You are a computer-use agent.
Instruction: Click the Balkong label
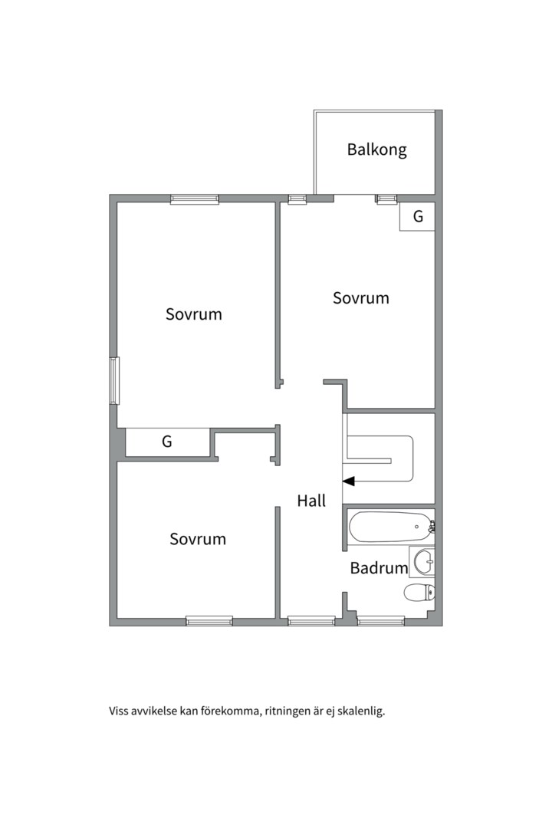376,149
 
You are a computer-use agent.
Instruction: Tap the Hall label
311,501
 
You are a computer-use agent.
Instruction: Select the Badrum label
379,568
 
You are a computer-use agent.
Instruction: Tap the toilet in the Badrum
419,592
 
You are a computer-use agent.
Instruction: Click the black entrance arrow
349,481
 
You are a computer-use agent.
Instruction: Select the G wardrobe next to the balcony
418,217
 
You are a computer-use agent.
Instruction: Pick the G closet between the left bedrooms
167,442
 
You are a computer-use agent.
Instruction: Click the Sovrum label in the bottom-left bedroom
198,539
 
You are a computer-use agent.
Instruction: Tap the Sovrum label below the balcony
360,298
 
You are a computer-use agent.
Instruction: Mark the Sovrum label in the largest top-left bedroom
194,314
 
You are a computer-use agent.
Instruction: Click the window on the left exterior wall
114,380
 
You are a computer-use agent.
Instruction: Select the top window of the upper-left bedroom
195,199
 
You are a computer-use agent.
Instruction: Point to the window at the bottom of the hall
311,621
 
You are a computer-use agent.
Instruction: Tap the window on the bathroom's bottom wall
381,621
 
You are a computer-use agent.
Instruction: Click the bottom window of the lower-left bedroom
209,621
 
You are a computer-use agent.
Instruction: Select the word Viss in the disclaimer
120,711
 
